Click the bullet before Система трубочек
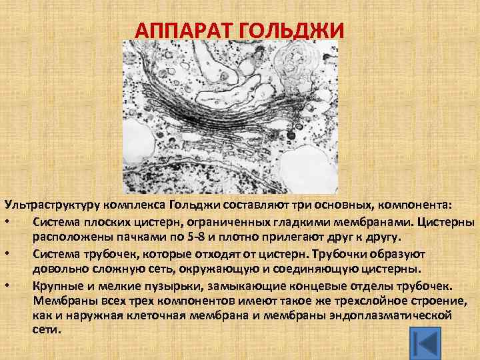(6, 253)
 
